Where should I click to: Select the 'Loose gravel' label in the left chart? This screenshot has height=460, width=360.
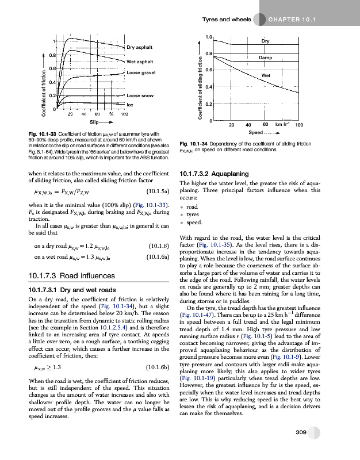(140, 72)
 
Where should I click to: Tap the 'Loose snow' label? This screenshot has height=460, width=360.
(140, 95)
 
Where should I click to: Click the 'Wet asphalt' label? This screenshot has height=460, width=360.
(140, 61)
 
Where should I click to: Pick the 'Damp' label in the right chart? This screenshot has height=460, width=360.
(265, 58)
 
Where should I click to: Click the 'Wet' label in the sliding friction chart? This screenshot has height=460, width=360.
(266, 75)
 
